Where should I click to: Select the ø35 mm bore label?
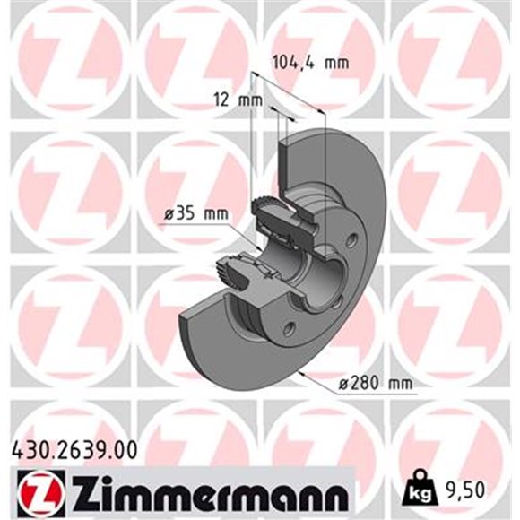click(x=196, y=213)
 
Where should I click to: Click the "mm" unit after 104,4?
click(x=336, y=63)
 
